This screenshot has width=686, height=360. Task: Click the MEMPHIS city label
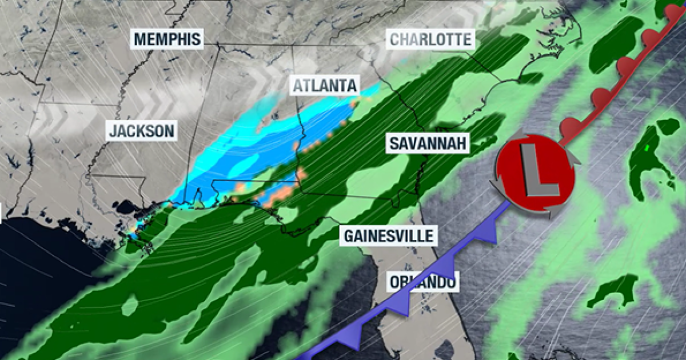coord(167,39)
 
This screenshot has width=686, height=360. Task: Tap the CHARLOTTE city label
coord(431,39)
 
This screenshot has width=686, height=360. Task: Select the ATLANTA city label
coord(324,86)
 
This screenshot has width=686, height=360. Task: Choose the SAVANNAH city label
coord(427,143)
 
